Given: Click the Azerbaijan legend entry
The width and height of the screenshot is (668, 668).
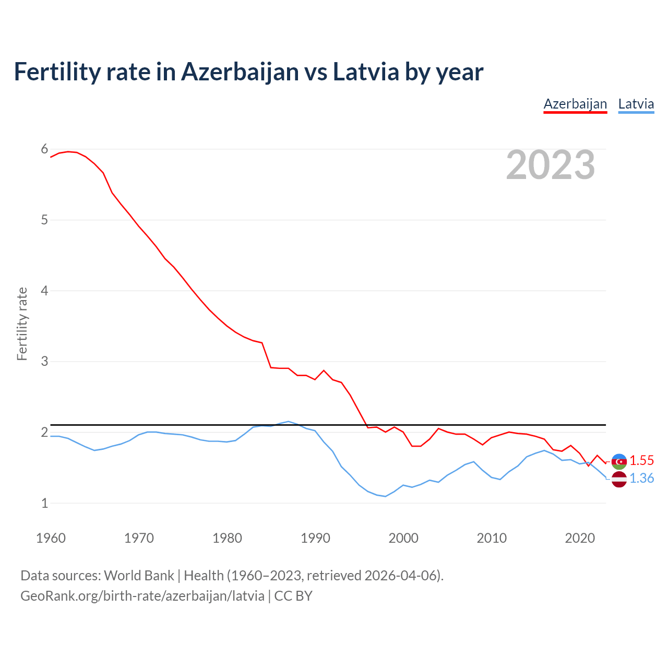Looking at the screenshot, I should coord(575,104).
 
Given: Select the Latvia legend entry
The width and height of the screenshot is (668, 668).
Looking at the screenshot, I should coord(636,104).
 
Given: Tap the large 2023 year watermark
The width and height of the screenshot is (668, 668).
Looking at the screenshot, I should coord(551,165).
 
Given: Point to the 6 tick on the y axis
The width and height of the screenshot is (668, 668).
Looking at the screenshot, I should coord(44,149).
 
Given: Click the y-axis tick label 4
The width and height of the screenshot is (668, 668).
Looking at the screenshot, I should coord(44,291).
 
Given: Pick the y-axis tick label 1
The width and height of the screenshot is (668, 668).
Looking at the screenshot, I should coord(44,503).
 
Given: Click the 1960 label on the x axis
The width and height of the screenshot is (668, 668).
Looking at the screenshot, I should coord(51,538).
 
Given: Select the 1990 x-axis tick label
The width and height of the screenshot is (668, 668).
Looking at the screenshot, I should coord(315,538).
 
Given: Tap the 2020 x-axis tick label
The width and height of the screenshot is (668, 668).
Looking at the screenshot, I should coord(580,538).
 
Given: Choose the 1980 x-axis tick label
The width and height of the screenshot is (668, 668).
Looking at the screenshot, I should coord(227,538).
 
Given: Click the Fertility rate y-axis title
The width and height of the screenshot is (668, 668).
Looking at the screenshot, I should coord(22,324).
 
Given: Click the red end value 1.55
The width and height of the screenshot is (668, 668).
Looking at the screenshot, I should coord(641,460).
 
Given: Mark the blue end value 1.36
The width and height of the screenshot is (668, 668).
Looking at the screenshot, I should coord(641,478).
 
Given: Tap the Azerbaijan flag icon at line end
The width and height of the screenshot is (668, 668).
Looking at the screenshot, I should coord(619,461).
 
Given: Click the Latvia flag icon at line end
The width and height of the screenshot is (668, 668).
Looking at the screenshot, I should coord(619,479).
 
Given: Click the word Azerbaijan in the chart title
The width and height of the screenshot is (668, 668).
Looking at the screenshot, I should coord(240,72).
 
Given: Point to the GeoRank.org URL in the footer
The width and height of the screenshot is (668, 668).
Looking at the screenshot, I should coord(142,596).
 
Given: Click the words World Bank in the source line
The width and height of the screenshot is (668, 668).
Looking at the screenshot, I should coord(139,576).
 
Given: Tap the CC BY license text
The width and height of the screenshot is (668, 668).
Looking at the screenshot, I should coord(293,596).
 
